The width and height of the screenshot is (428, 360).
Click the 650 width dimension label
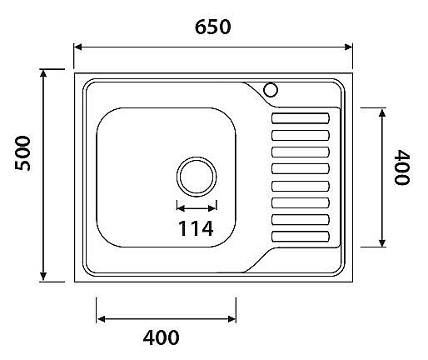[x=212, y=26]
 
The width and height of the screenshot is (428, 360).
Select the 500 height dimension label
[x=23, y=153]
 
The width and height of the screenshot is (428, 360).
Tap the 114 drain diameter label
[x=197, y=227]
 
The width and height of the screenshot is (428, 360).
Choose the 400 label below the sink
[x=162, y=337]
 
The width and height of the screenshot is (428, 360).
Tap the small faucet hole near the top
[x=271, y=89]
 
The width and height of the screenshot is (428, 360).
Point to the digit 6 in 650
[x=201, y=26]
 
